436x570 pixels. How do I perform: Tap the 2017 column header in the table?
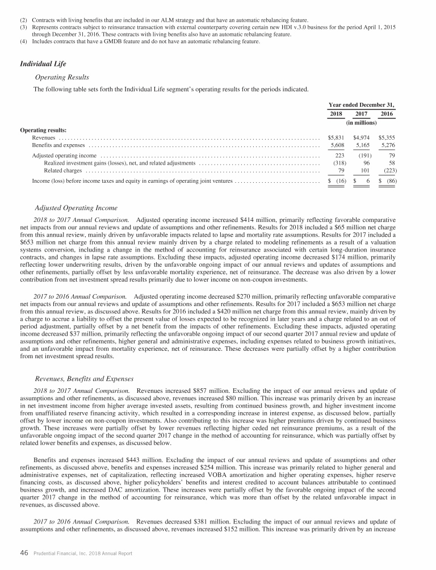(362, 114)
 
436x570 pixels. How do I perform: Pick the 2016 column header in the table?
(386, 114)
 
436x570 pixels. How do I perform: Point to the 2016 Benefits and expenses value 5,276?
(386, 145)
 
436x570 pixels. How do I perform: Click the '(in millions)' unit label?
(362, 123)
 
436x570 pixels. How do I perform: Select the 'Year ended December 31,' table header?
(362, 104)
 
